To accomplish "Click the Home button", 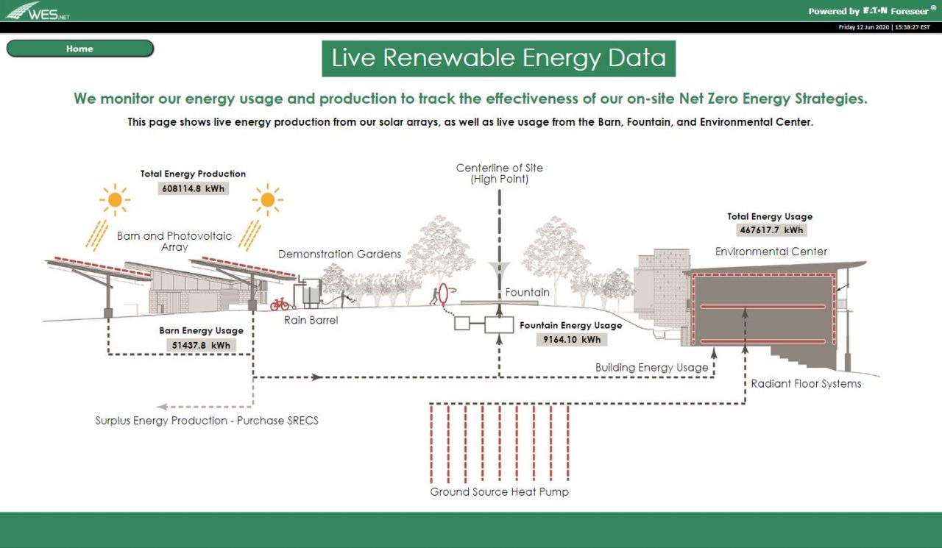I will click(x=79, y=49).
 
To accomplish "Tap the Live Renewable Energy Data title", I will click(x=498, y=58).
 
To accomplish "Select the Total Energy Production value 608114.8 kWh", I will click(x=193, y=188).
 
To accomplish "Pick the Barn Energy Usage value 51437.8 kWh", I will click(x=201, y=345).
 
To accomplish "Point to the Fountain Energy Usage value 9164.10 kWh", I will click(x=570, y=340).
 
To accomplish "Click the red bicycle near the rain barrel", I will click(x=280, y=304).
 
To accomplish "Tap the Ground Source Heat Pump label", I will click(x=499, y=491).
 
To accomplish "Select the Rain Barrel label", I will click(x=311, y=320).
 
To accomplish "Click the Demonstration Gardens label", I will click(x=339, y=254).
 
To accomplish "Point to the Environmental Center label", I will click(x=771, y=252).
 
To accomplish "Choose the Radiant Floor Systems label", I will click(x=805, y=383).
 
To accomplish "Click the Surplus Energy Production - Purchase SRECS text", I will click(x=207, y=421).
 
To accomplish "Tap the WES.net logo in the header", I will click(x=38, y=11).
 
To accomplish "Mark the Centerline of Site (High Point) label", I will click(x=499, y=173).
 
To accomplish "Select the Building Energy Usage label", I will click(x=651, y=367).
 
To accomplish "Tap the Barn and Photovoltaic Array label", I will click(x=174, y=241).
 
